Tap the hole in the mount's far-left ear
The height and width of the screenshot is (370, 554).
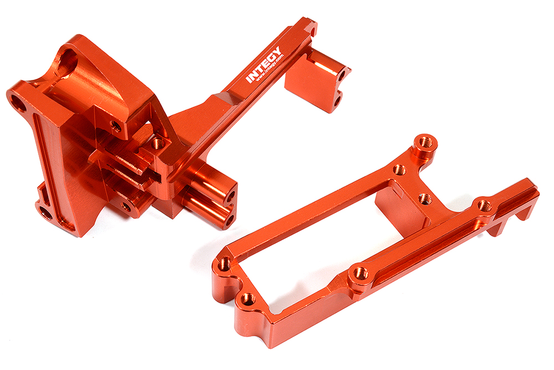pos(17,103)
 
